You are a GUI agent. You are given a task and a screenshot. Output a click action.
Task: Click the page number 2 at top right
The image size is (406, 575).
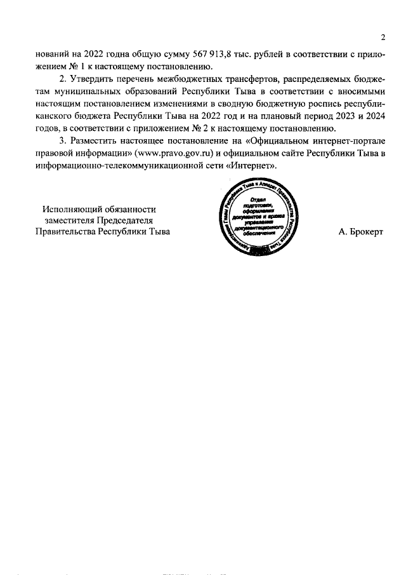pos(383,36)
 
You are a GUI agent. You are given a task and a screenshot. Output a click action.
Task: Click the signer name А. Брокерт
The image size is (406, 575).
pos(361,233)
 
